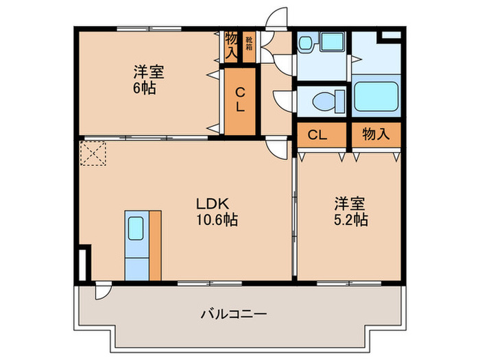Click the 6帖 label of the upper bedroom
click(x=145, y=88)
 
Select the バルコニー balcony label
click(x=233, y=314)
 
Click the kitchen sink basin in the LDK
click(x=136, y=228)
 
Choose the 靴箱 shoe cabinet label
click(x=249, y=44)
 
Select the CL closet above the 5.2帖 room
click(x=316, y=134)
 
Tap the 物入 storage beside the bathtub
click(x=376, y=134)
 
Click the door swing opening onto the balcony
click(x=103, y=291)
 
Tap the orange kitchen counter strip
click(x=155, y=245)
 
